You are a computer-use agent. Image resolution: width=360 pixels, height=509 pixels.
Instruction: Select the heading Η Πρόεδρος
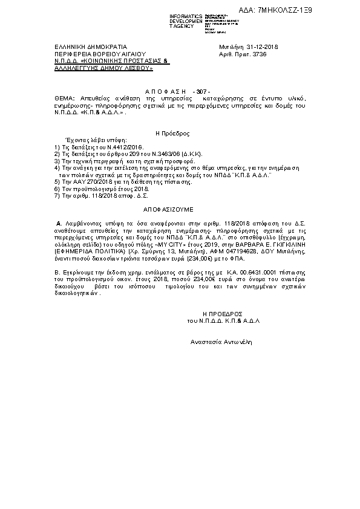pos(173,132)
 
